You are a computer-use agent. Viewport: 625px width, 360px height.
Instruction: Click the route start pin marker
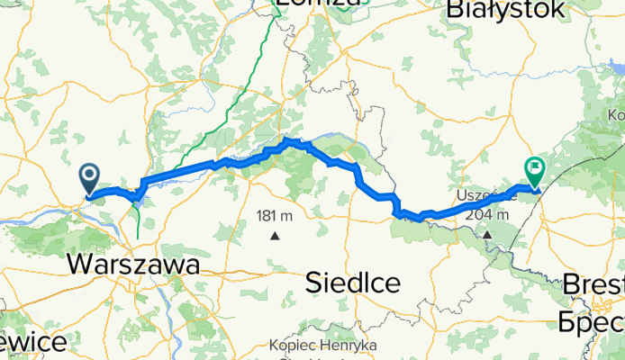[90, 178]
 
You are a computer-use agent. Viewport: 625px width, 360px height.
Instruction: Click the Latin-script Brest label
[593, 285]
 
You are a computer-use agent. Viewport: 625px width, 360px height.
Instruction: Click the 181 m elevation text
[276, 216]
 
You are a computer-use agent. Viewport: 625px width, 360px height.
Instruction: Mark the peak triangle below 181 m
[275, 236]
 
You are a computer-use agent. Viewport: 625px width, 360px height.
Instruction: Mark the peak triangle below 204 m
[486, 235]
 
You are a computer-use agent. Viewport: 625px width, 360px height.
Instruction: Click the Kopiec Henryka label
[322, 346]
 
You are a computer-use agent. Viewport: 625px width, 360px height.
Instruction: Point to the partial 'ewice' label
[32, 343]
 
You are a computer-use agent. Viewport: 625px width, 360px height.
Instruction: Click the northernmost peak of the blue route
[288, 140]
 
